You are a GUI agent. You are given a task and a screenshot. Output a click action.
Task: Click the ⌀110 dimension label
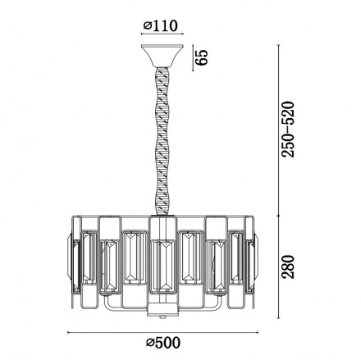coord(161,26)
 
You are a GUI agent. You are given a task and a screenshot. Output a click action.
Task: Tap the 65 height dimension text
coord(203,57)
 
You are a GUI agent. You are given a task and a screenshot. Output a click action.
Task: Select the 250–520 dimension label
coord(289,130)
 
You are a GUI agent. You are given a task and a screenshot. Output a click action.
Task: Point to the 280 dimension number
coord(289,267)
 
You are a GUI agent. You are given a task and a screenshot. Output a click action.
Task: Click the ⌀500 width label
coord(163,342)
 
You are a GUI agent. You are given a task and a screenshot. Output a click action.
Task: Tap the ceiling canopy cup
coord(162,56)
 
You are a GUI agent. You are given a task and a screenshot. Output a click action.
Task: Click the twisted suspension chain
coord(162,142)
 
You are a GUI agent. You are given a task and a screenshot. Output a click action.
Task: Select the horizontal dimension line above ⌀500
coord(162,332)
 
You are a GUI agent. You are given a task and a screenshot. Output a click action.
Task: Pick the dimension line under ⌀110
coord(162,34)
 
